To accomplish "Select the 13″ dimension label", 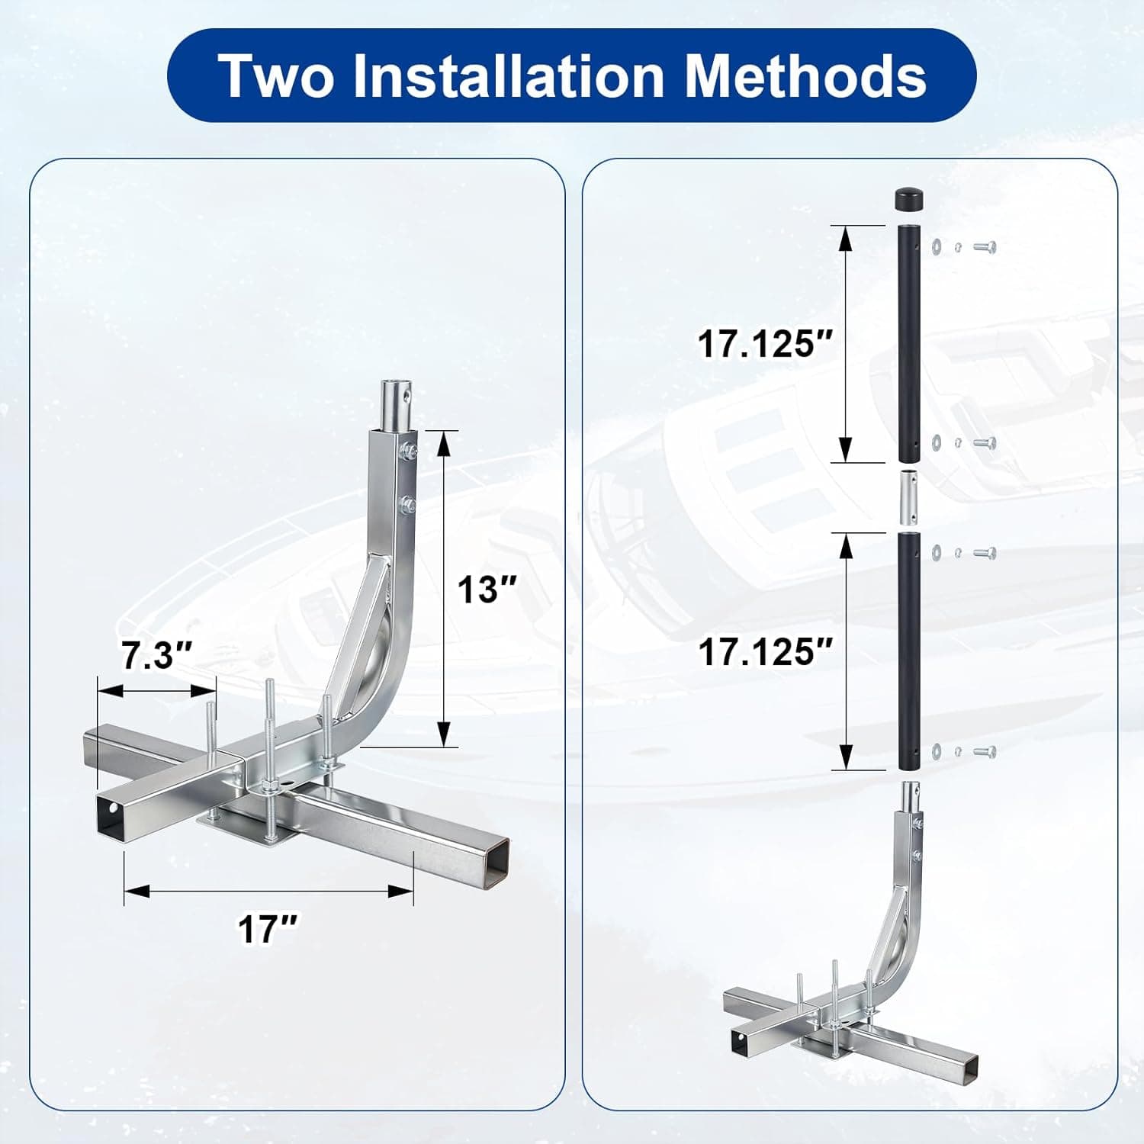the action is coord(487,589).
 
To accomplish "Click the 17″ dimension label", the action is coord(268,928).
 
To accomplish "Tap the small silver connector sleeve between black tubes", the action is coord(909,498).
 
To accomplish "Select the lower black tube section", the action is coord(909,651).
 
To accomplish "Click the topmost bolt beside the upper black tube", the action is coord(985,246).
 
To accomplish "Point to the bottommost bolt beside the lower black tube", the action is coord(985,752).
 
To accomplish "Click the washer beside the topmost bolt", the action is coord(936,246).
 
